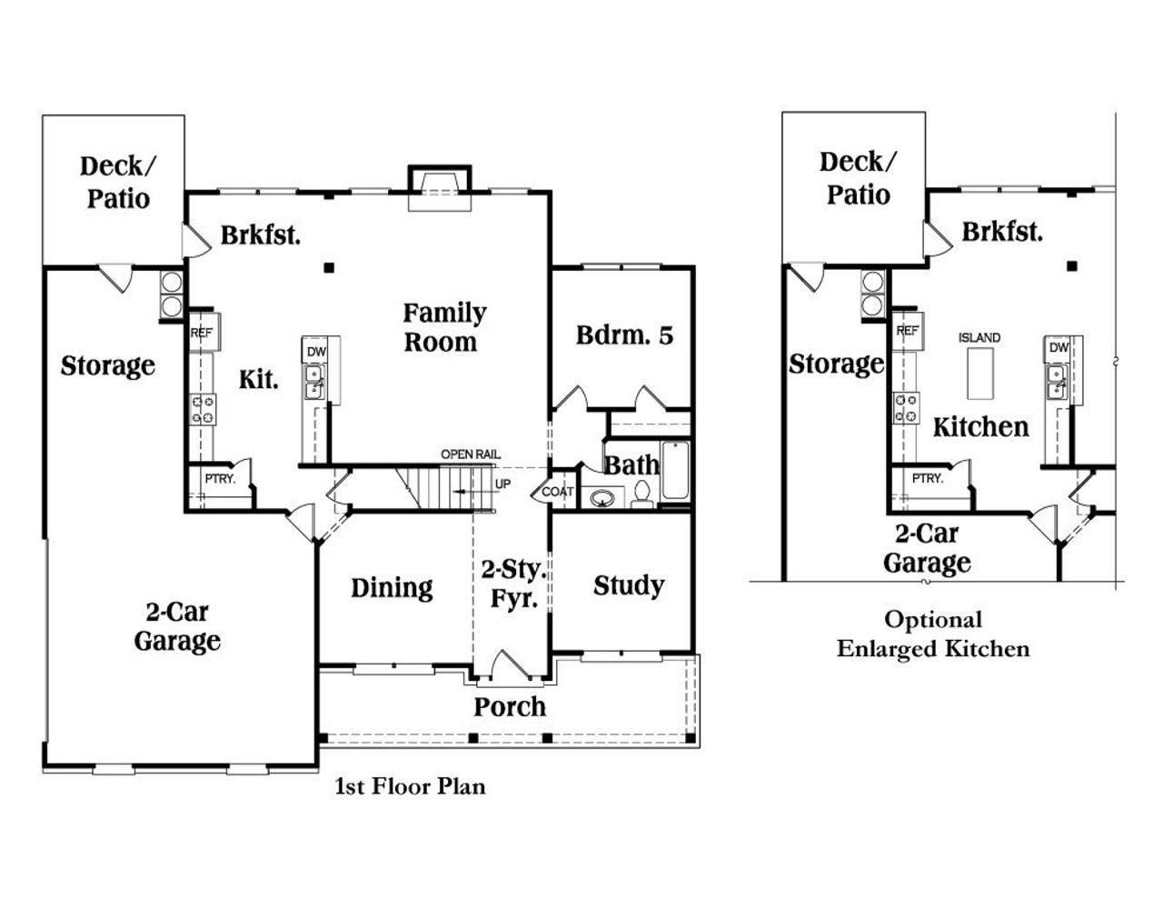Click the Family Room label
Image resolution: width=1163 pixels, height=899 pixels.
tap(443, 327)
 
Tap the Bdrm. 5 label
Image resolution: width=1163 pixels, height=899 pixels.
tap(624, 335)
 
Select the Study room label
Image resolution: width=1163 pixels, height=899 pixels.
tap(628, 585)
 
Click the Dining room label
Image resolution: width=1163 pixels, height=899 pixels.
tap(392, 587)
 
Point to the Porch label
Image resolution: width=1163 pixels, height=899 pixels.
tap(510, 706)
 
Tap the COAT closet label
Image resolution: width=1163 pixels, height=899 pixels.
tap(558, 492)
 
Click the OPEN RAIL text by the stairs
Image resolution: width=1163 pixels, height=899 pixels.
tap(470, 454)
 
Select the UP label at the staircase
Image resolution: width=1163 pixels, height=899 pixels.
tap(502, 484)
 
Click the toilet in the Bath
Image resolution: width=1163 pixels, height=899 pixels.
tap(641, 494)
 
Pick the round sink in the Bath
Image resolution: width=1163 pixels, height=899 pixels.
tap(601, 498)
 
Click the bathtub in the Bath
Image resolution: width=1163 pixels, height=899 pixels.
tap(675, 471)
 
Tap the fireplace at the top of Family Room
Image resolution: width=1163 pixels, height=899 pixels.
tap(440, 186)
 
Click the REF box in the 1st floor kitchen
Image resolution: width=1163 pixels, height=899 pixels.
tap(201, 334)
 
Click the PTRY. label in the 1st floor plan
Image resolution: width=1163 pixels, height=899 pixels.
tap(219, 479)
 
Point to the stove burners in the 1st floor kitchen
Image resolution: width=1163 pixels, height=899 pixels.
tap(203, 409)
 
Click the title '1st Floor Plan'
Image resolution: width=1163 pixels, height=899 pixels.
tap(411, 786)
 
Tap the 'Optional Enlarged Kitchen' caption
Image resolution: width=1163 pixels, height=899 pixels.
tap(933, 634)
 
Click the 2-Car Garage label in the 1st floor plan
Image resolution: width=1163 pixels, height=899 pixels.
tap(177, 626)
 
